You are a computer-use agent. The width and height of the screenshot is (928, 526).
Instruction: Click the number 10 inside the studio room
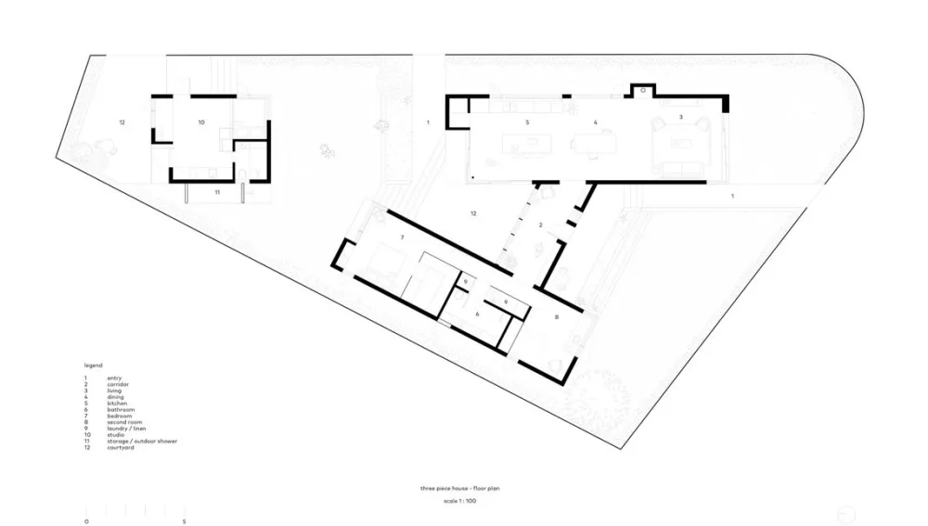200,122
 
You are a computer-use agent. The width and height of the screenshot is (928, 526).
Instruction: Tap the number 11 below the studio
216,192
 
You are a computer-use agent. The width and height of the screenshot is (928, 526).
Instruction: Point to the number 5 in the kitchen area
527,122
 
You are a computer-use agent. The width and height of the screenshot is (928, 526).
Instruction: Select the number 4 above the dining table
595,122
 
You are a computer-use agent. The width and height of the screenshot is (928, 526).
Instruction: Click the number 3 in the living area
681,117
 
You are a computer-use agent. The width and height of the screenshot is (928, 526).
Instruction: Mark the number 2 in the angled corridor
540,225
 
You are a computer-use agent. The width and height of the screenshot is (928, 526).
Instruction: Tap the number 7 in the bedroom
402,238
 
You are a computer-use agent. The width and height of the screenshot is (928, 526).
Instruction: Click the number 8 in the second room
556,318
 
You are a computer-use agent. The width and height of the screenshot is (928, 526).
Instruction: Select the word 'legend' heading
93,366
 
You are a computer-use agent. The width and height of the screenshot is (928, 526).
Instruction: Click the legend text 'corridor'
118,384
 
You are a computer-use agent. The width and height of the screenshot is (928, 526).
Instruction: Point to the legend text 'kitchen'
117,404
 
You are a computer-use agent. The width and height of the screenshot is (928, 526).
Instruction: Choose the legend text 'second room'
124,422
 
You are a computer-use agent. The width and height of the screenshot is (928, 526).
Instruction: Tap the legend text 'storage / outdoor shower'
142,442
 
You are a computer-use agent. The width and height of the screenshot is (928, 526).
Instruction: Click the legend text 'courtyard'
121,448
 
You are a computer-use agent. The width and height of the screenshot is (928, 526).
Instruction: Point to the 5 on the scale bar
185,521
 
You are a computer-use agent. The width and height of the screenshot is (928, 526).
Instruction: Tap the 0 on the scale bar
86,521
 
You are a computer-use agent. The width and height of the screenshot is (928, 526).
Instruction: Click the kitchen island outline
522,145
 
